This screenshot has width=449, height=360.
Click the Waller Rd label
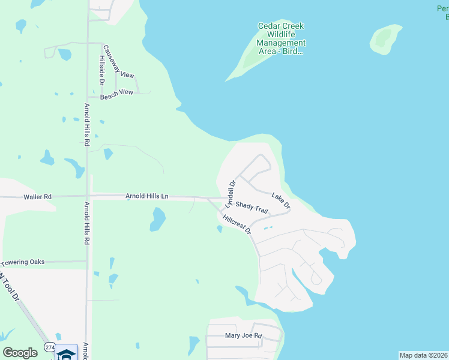[38, 196]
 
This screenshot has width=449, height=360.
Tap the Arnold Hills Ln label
[147, 196]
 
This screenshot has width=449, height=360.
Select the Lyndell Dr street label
[231, 191]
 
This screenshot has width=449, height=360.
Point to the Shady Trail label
[251, 206]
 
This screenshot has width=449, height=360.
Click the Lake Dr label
[281, 200]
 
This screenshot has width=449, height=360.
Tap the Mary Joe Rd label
[243, 336]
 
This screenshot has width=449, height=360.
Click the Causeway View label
[119, 62]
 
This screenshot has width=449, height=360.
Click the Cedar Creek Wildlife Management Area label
[281, 38]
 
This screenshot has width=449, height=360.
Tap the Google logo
[20, 353]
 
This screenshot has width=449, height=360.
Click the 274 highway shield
[50, 347]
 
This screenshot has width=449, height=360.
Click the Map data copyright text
[423, 355]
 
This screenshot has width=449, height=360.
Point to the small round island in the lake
[385, 38]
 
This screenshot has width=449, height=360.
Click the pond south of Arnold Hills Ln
[157, 219]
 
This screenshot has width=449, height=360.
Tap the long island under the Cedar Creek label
[249, 64]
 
